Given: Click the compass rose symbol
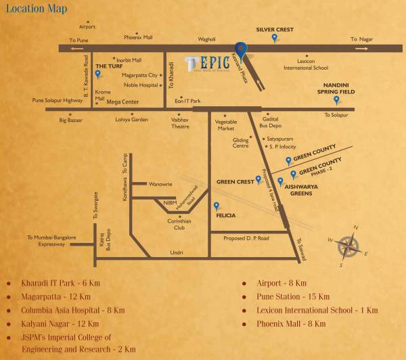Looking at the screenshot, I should (x=351, y=242).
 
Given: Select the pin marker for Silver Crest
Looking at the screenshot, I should (x=273, y=39).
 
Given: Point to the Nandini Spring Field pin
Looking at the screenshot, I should (x=336, y=100).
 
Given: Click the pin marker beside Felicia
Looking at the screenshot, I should (x=217, y=206).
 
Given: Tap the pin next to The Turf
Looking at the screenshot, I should (x=97, y=75).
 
